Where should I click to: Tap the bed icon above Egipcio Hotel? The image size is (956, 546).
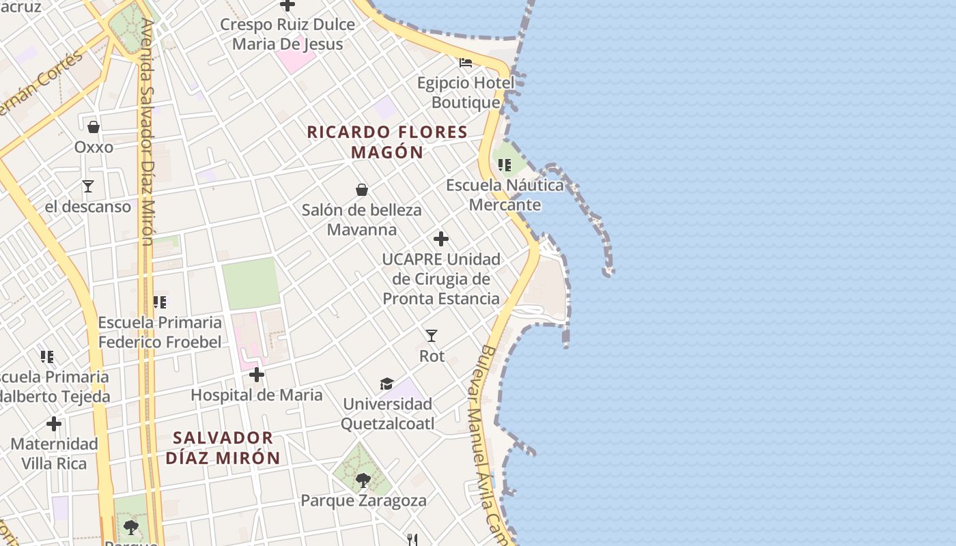pos(466,63)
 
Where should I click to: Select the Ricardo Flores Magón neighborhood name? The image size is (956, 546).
pos(387,142)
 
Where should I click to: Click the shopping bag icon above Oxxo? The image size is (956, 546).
pos(94,127)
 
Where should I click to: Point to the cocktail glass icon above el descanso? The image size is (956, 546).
pos(87,186)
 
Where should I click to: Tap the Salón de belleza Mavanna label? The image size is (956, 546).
pos(362,220)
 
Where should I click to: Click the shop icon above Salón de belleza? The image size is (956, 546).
pos(362,190)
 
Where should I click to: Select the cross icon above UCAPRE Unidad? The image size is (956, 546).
pos(441,239)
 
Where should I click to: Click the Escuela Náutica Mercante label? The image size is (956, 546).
pos(505,195)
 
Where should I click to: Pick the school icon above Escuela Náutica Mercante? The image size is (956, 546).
pos(505,165)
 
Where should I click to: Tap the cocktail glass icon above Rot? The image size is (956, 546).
pos(432,336)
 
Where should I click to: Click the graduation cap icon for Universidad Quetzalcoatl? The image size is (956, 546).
pos(387,384)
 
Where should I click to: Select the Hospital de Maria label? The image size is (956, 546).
pos(257,395)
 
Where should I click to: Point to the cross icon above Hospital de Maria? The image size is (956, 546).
pos(257,375)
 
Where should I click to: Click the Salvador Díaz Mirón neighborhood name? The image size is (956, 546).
pos(223,448)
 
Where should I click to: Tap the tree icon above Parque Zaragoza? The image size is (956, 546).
pos(363,480)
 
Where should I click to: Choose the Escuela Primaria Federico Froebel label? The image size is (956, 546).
pos(160,332)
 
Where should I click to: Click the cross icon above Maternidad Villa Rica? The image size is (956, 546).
pos(54,424)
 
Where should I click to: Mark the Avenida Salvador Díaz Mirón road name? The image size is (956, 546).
pos(147,133)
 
